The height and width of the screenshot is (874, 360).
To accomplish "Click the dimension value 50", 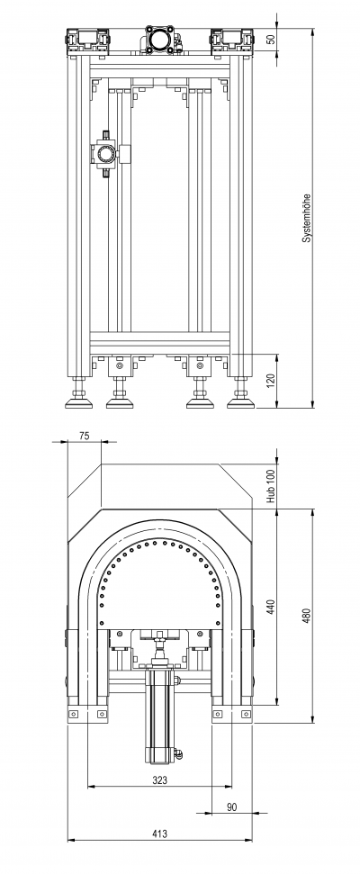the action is [x=272, y=40].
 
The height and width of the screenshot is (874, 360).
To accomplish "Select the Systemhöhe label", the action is [x=307, y=218].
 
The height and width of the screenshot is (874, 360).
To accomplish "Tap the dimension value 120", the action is [x=272, y=382].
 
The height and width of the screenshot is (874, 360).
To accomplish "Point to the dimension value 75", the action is [x=84, y=437].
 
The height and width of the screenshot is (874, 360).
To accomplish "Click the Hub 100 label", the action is [x=272, y=486].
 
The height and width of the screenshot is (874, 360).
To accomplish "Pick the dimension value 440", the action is [x=272, y=607].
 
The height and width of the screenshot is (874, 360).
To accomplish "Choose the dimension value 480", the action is [x=307, y=616].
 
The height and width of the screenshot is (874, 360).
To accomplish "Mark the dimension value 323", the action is [x=159, y=781].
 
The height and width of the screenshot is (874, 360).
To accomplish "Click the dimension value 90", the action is [x=232, y=807].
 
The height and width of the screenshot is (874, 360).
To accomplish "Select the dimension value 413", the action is [x=159, y=833].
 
